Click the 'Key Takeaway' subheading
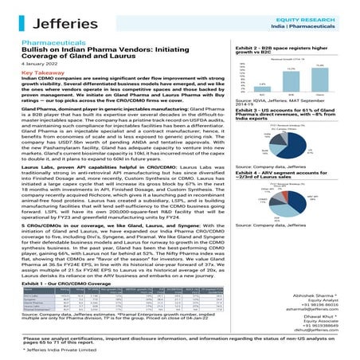(41, 72)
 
